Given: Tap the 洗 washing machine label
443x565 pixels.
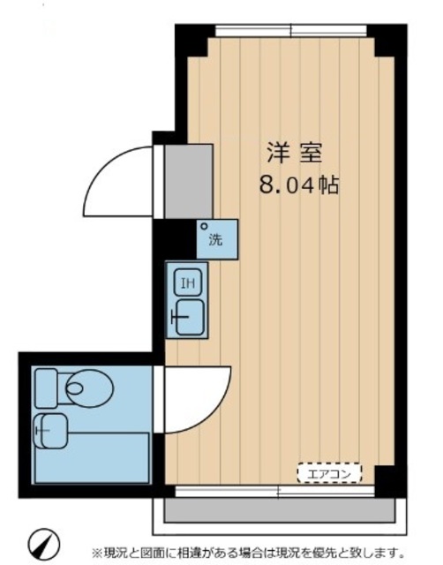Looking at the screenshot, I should click(215, 238).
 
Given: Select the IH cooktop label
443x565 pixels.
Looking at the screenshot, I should click(187, 283).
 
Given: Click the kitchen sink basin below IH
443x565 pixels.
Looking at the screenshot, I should click(188, 316).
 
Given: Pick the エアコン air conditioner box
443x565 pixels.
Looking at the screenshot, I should click(328, 474).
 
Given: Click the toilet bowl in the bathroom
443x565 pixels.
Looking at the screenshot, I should click(86, 386).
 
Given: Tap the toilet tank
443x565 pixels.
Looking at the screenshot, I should click(46, 386).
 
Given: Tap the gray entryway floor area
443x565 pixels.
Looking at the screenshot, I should click(188, 180).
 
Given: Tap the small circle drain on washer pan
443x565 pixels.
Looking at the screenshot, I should click(204, 226).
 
